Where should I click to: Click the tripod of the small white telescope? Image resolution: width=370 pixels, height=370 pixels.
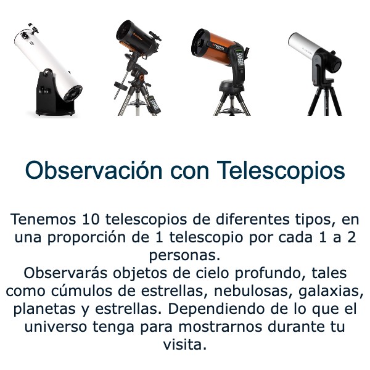tap(324, 99)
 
